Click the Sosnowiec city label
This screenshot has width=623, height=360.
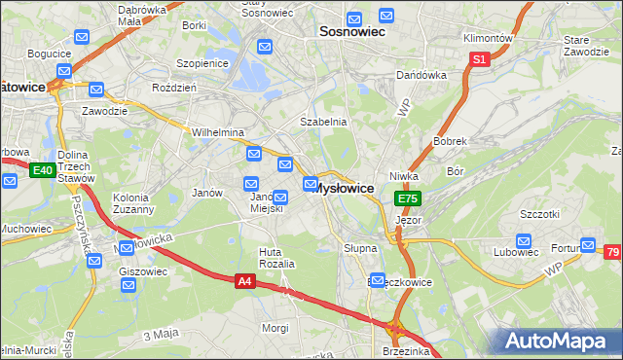pos(352,32)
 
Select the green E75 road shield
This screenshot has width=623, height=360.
pos(408,198)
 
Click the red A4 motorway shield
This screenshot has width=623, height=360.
pos(247,281)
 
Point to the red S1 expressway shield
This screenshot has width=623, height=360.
pos(479,59)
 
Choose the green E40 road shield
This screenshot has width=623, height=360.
pos(42,171)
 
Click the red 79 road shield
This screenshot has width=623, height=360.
pos(612,253)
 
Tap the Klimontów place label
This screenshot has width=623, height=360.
pos(489,39)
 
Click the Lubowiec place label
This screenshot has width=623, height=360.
pos(522,251)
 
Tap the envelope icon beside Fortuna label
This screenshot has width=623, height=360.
pos(588,245)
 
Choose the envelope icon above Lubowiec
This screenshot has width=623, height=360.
pos(523,238)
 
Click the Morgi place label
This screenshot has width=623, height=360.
pos(275,328)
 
